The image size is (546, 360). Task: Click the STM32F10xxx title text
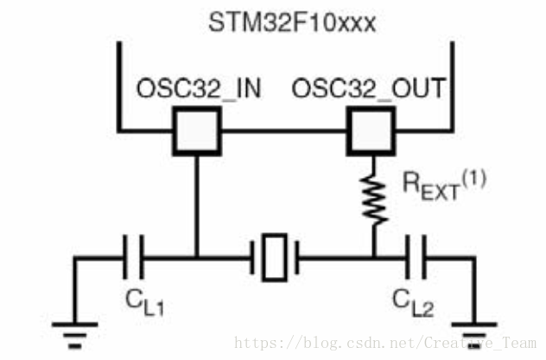293,22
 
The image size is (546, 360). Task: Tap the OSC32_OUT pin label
370,88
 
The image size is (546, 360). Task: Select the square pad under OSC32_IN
197,131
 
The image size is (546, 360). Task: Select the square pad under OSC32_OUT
372,131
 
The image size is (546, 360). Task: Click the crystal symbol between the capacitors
275,256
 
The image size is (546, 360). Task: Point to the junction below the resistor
373,256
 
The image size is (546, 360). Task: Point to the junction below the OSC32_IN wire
197,256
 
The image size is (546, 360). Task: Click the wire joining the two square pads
284,131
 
